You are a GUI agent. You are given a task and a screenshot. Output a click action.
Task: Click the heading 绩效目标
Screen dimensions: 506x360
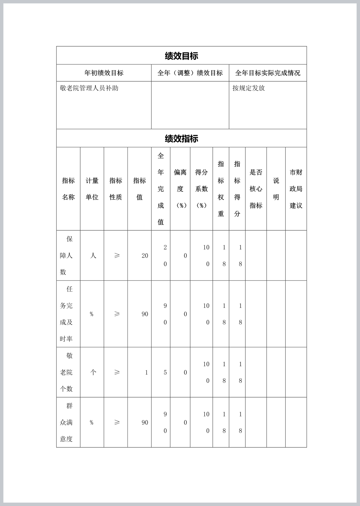[x=181, y=56]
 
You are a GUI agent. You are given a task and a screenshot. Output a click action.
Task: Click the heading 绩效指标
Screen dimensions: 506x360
[x=181, y=138]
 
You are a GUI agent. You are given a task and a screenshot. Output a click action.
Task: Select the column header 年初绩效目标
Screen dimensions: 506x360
[x=104, y=73]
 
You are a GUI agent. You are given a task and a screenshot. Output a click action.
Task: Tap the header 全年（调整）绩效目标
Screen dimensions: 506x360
[x=190, y=73]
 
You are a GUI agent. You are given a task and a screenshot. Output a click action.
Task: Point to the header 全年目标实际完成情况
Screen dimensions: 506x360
[x=268, y=73]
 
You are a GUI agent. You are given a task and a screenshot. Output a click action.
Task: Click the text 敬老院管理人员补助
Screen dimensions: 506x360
[x=89, y=88]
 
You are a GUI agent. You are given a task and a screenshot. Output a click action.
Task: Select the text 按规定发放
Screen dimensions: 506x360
[x=249, y=88]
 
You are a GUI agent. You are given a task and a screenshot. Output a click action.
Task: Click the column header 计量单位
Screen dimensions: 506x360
[x=92, y=189]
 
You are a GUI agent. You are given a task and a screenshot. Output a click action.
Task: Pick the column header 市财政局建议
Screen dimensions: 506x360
[x=296, y=189]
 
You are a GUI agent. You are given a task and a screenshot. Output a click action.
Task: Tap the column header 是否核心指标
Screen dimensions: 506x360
[x=256, y=189]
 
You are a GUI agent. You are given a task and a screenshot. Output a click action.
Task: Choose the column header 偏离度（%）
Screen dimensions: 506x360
[x=180, y=189]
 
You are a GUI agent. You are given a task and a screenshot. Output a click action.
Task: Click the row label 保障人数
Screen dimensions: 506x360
[x=67, y=256]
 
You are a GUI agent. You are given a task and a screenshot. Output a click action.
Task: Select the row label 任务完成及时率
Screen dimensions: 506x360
[x=67, y=314]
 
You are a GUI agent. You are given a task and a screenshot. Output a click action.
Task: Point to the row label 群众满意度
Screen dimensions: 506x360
[x=67, y=423]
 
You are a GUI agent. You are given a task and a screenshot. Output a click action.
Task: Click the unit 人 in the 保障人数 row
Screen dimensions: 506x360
[x=93, y=256]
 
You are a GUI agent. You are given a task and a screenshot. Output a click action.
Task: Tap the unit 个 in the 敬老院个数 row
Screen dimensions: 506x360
[x=93, y=372]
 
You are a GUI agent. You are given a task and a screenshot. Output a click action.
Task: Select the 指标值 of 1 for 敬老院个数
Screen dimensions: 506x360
[x=146, y=373]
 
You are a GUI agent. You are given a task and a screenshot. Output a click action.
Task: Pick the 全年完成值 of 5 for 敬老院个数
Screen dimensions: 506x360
[x=165, y=373]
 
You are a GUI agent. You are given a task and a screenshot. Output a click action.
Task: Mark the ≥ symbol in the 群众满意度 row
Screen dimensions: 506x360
[x=117, y=423]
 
